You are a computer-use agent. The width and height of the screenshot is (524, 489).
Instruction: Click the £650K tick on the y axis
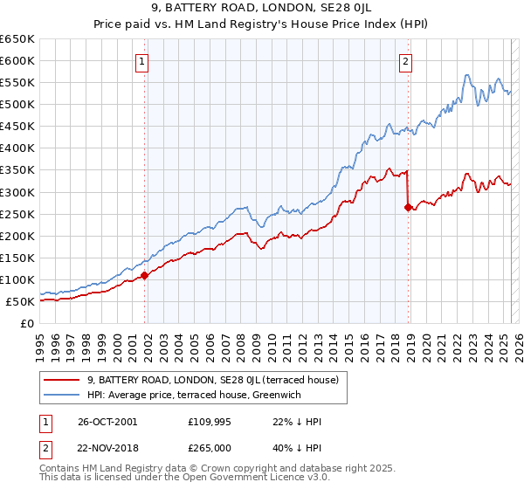pos(18,39)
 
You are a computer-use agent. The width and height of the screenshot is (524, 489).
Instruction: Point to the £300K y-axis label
pos(18,192)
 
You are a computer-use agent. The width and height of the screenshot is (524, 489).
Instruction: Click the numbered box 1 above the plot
pos(141,61)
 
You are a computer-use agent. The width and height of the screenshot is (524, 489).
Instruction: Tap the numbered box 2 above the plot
pos(407,61)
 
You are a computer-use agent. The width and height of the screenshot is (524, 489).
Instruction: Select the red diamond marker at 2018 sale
pos(409,207)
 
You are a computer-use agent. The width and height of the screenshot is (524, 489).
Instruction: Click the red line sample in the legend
pos(61,380)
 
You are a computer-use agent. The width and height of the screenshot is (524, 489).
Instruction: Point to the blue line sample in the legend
pos(61,396)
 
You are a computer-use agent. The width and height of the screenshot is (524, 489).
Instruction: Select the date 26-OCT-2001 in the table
pos(107,422)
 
